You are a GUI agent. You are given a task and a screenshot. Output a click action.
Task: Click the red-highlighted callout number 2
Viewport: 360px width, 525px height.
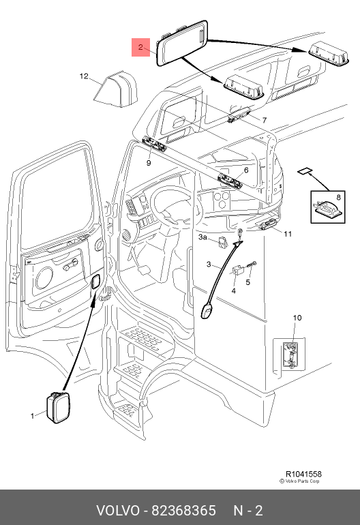coord(140,47)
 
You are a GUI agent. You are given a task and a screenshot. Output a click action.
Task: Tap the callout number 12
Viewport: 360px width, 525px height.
coord(84,76)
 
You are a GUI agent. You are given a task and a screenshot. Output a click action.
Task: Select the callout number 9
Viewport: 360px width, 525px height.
coord(149,163)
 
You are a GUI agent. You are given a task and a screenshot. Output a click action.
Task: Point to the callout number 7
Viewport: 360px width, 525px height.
coord(265,120)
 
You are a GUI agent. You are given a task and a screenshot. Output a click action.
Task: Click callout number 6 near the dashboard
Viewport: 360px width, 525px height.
coord(246,170)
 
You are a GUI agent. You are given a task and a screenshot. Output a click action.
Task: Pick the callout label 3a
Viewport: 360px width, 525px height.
coord(202,237)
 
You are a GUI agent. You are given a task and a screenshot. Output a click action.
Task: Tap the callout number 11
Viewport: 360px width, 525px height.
coord(288,234)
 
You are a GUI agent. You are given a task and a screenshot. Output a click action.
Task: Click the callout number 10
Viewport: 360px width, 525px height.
coord(297,318)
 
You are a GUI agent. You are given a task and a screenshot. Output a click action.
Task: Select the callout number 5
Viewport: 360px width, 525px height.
coord(247,282)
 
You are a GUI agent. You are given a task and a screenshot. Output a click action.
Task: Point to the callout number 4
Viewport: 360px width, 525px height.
coord(233,290)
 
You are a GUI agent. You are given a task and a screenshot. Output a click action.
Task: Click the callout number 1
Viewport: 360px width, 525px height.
coord(33,416)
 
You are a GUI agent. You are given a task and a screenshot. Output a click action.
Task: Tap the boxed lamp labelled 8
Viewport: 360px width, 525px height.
coord(327,207)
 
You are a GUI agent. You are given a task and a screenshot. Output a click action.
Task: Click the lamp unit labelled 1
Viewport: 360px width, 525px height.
coord(58,407)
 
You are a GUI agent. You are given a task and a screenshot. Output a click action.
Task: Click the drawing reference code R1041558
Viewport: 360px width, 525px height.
coord(303,474)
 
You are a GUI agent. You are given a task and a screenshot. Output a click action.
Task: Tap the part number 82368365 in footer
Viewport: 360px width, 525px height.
coord(184,511)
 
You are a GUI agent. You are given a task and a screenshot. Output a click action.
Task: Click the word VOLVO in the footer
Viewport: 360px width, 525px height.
coord(117,511)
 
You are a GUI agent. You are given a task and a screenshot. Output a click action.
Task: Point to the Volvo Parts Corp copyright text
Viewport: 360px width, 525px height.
coord(300,481)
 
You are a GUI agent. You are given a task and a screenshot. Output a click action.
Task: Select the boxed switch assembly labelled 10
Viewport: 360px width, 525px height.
coord(290,355)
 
